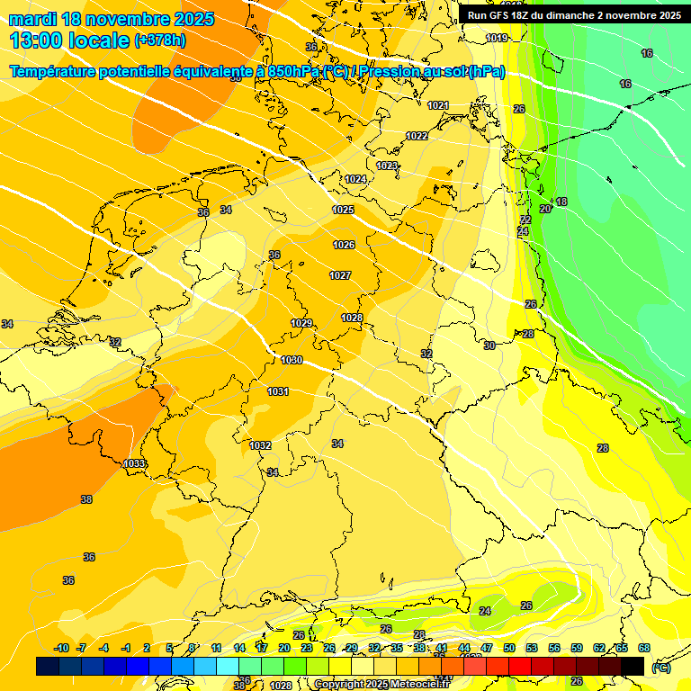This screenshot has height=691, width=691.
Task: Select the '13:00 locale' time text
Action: (x=68, y=40)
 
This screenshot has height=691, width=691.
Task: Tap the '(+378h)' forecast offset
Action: (x=159, y=40)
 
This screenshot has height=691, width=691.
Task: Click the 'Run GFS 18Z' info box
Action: (x=573, y=15)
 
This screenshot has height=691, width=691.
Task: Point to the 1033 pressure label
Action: (x=134, y=463)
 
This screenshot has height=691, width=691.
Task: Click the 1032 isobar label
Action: (x=261, y=445)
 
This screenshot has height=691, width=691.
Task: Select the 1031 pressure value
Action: (x=278, y=391)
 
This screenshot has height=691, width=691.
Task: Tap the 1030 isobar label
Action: (x=292, y=360)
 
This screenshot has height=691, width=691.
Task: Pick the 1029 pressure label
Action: (x=301, y=323)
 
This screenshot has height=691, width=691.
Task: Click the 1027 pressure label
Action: (x=340, y=275)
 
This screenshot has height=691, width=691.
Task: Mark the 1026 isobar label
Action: (x=344, y=245)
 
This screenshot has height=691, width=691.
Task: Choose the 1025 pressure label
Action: (x=343, y=210)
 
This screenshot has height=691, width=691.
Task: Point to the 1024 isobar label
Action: (x=355, y=179)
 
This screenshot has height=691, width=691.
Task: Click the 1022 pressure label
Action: (x=417, y=136)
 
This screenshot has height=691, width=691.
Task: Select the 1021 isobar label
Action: (x=438, y=105)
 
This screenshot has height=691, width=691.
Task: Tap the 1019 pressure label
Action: (x=497, y=38)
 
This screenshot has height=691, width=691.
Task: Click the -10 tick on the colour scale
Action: (x=61, y=648)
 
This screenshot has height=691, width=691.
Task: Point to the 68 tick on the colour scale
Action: (x=644, y=648)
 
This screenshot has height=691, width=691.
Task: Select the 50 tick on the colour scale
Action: (x=509, y=648)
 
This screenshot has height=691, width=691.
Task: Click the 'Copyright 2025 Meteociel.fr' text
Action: (x=381, y=685)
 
